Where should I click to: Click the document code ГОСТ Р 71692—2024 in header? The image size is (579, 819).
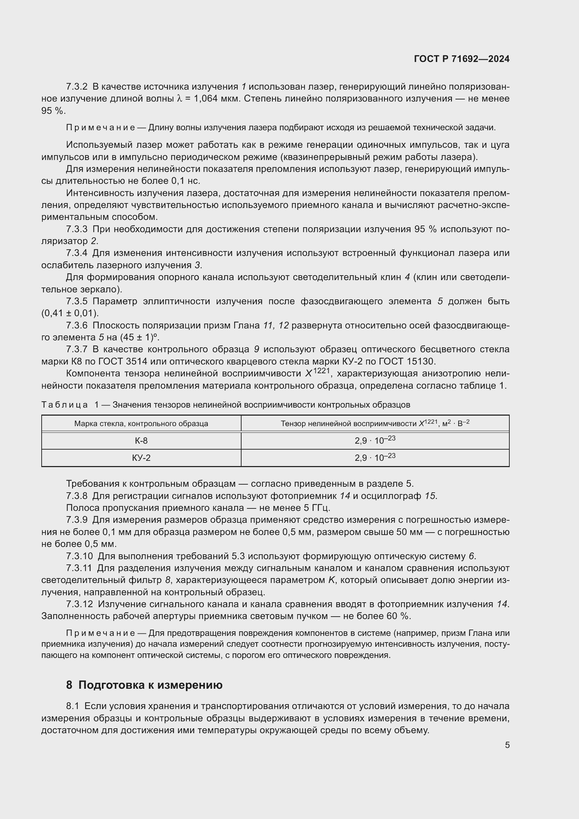tap(462, 59)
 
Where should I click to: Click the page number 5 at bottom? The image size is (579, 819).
tap(507, 745)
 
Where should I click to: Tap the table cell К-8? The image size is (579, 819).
tap(141, 441)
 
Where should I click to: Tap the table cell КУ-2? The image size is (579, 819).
tap(141, 458)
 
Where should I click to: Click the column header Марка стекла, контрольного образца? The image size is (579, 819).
tap(141, 424)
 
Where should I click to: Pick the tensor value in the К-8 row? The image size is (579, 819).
tap(375, 440)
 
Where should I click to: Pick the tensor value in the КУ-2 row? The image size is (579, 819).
tap(375, 458)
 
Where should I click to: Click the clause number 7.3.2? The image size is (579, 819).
tap(77, 87)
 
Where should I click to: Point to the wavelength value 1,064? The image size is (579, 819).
tap(205, 99)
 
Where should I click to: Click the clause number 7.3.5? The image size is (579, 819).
tap(77, 301)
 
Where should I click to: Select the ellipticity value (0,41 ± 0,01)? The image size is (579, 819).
tap(70, 313)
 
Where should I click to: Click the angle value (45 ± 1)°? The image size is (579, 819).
tap(139, 338)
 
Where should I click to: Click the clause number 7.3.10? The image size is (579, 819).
tap(79, 556)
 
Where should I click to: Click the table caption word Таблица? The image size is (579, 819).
tap(64, 405)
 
